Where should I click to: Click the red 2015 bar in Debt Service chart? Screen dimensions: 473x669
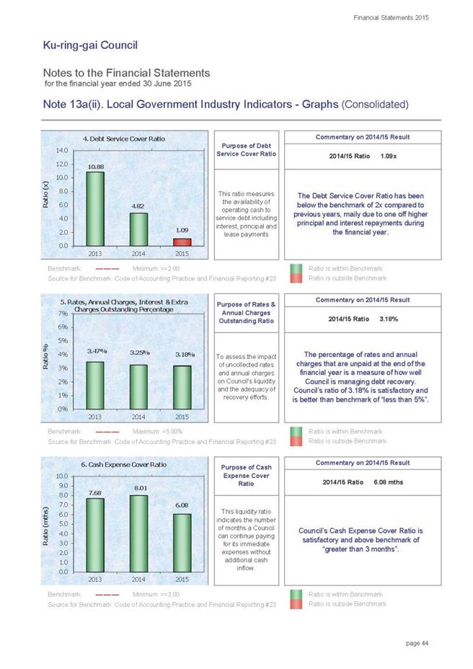(182, 242)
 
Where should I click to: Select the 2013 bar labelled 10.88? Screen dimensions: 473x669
(95, 208)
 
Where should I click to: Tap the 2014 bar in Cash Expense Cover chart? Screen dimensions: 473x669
(138, 533)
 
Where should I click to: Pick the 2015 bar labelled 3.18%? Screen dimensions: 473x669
(182, 387)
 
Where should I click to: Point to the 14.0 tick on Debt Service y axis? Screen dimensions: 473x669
(62, 150)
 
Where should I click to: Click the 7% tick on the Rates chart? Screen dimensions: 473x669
(63, 314)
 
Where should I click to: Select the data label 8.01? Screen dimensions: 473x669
(141, 487)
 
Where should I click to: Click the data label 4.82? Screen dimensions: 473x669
(138, 205)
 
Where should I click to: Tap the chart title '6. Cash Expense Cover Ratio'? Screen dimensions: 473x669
(124, 465)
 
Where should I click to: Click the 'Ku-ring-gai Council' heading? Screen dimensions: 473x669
(90, 45)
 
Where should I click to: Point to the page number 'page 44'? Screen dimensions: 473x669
(417, 643)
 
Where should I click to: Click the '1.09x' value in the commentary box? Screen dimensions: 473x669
(389, 156)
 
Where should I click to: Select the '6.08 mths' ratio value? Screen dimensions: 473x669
(389, 482)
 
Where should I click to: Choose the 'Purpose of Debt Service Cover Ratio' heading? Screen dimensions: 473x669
(247, 150)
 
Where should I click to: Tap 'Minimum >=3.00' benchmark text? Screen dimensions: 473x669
(156, 594)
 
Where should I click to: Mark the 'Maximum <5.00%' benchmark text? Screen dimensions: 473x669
(157, 431)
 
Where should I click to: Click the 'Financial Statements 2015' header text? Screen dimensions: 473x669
(391, 17)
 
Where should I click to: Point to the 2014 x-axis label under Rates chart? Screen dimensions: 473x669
(138, 417)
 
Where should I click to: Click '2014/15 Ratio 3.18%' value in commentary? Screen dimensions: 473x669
(363, 319)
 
